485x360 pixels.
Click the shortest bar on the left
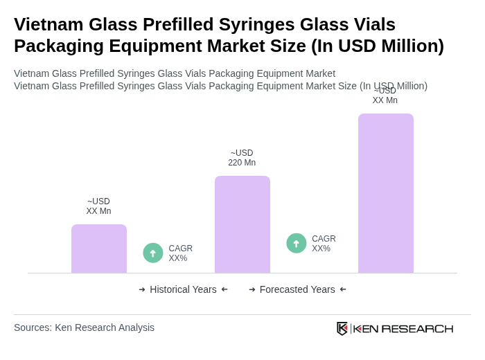pos(99,249)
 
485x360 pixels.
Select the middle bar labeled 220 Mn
pos(242,224)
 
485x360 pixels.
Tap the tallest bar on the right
pos(386,193)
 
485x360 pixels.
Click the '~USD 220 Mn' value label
pos(242,158)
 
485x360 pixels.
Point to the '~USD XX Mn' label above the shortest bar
pos(98,206)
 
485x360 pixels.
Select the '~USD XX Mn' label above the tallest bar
pos(385,96)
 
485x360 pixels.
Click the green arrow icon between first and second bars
pos(153,253)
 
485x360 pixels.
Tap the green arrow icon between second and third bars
pos(297,244)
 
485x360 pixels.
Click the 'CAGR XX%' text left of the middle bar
pos(181,253)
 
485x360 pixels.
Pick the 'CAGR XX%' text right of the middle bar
pos(324,244)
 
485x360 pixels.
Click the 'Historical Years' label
pos(183,289)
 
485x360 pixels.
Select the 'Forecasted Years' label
pos(297,289)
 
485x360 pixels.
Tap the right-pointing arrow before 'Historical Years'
pos(142,289)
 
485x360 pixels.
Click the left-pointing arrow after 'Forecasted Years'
pos(343,289)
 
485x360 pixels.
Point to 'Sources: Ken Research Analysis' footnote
pos(84,327)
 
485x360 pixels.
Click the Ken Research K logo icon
pos(342,328)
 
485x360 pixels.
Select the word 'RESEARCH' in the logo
pos(417,328)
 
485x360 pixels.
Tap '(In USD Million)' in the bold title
pos(378,46)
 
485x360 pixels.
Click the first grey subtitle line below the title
pos(175,73)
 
